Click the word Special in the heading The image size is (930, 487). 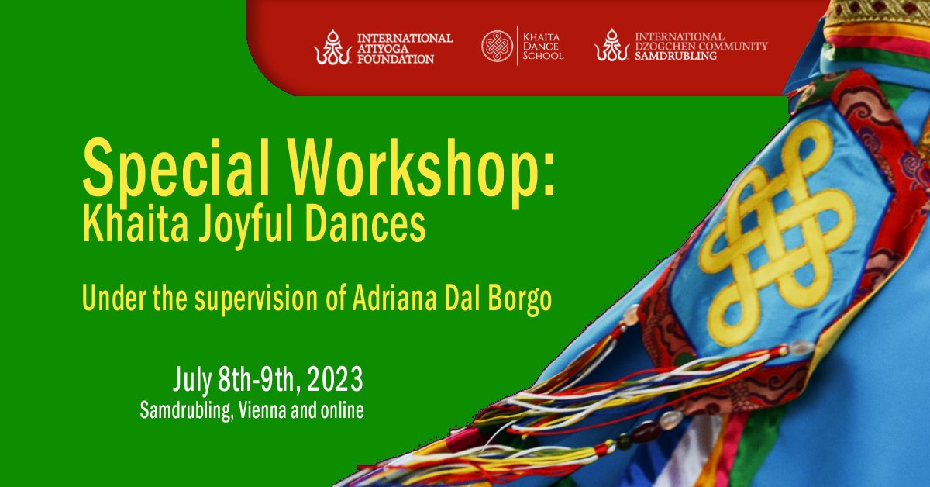[177, 168]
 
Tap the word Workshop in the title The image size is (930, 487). [414, 168]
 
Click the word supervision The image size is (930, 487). [257, 300]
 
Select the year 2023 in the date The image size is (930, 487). [335, 379]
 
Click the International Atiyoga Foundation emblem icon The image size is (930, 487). [332, 47]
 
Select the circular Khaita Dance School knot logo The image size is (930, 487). [497, 46]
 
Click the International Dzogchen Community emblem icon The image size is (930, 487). [611, 45]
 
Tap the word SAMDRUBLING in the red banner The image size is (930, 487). [676, 56]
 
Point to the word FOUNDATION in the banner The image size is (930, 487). [396, 59]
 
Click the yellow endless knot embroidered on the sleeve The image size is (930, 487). [777, 233]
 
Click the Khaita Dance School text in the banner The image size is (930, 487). [543, 46]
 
